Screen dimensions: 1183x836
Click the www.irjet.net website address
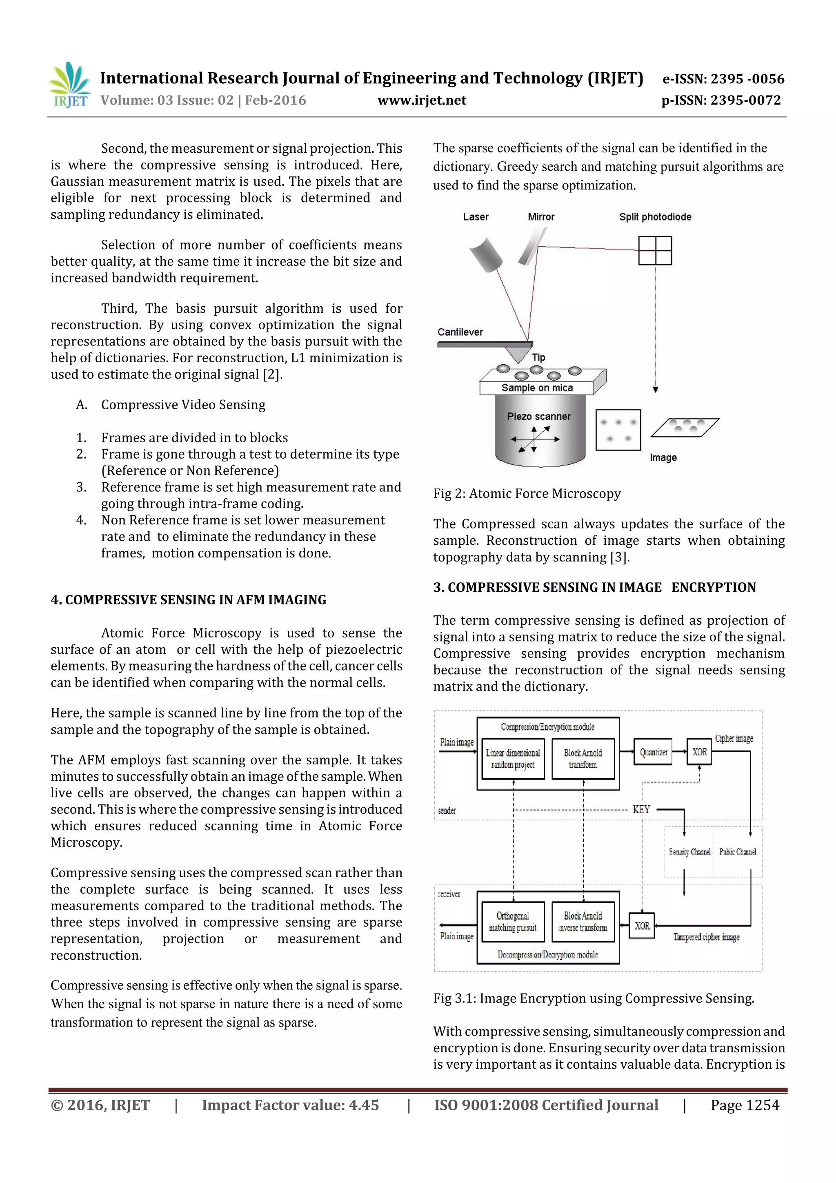422,100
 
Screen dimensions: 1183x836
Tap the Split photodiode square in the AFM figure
655,250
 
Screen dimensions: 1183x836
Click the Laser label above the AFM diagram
476,217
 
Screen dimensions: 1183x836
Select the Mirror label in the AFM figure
541,217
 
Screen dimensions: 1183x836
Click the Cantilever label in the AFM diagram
460,332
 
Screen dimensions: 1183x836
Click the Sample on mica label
537,388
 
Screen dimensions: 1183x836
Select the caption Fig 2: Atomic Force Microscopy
527,494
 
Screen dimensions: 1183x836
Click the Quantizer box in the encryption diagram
653,752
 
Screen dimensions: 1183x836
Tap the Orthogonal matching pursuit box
513,922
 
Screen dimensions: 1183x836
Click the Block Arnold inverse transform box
583,922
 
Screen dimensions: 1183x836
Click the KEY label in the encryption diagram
641,809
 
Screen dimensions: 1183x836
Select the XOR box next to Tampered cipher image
641,926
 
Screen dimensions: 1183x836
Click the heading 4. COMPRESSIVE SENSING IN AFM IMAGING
189,600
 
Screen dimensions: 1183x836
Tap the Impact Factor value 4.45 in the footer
290,1105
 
